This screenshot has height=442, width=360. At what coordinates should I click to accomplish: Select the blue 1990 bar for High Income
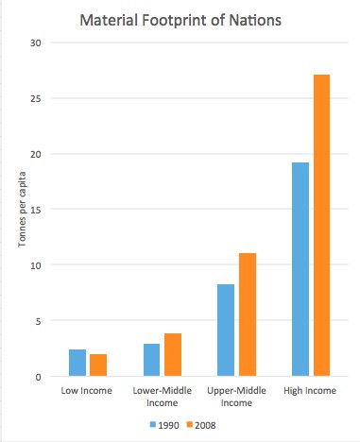300,270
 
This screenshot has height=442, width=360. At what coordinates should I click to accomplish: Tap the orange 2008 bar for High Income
321,226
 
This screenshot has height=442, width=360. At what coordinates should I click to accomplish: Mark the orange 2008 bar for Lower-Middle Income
172,355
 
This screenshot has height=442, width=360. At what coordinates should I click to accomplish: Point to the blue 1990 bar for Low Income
77,364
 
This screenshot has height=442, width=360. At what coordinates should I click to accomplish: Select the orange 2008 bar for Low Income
97,365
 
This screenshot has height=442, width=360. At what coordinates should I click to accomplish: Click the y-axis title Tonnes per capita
21,211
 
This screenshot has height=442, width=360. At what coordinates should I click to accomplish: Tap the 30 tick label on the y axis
37,42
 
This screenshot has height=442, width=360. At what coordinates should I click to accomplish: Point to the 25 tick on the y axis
37,98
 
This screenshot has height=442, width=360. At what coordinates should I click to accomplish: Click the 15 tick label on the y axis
37,210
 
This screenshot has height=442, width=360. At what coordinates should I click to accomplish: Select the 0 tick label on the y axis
40,377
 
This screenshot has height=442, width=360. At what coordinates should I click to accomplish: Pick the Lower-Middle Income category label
162,396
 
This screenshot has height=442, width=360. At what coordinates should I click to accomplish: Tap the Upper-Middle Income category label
236,396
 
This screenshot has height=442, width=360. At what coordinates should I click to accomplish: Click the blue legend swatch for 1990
152,424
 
